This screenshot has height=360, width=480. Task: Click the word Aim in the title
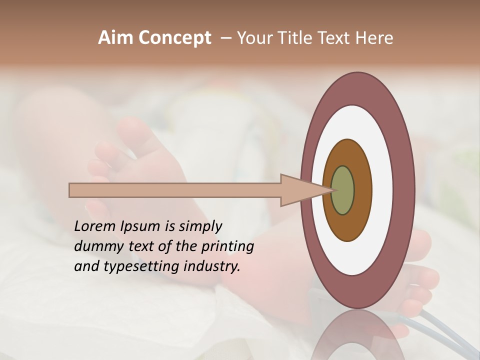coord(116,38)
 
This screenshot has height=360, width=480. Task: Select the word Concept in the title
coord(175,38)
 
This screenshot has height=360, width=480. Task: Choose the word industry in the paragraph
coord(212,266)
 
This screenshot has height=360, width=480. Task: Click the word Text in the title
coord(335,38)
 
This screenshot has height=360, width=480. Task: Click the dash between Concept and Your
coord(225,38)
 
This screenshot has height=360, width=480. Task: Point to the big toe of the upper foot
coord(134,133)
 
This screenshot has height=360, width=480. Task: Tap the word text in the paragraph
coord(141,246)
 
